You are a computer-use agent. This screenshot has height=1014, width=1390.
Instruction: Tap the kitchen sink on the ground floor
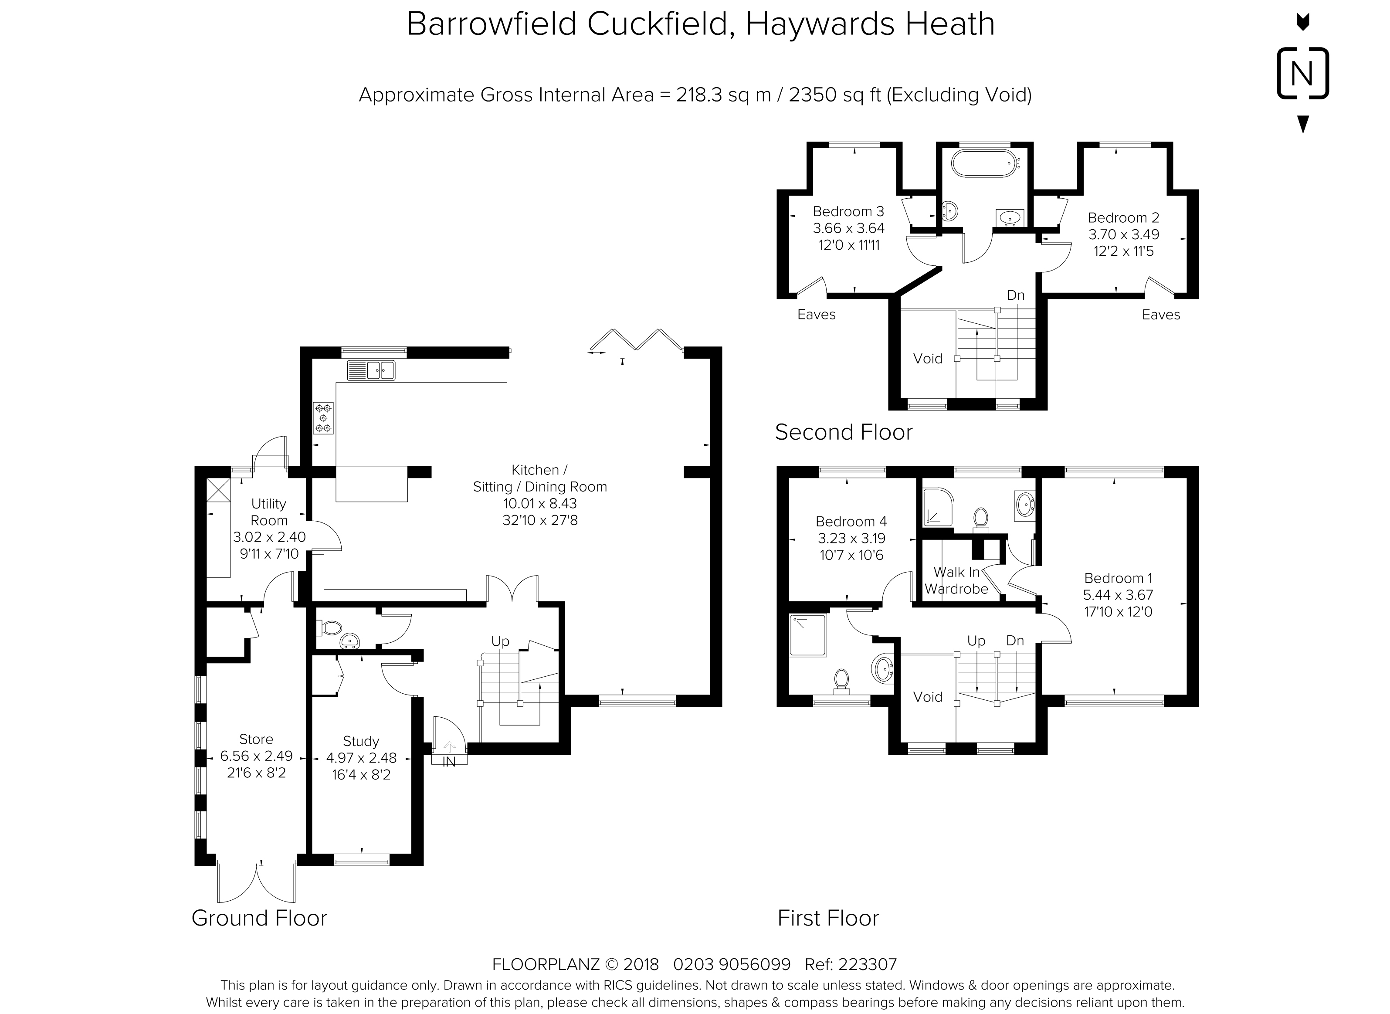point(371,370)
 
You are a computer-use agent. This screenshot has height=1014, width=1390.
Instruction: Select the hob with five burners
point(323,418)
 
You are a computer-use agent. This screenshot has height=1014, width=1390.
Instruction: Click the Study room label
point(361,741)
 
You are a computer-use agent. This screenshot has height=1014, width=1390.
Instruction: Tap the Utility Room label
point(269,512)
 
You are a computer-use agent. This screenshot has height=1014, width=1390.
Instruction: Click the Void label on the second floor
point(927,359)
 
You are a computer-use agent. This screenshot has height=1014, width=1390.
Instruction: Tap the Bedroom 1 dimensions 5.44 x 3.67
point(1118,595)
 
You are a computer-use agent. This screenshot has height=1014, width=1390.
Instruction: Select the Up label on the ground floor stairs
point(500,641)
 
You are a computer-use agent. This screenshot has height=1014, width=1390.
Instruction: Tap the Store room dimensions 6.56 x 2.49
point(257,756)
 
